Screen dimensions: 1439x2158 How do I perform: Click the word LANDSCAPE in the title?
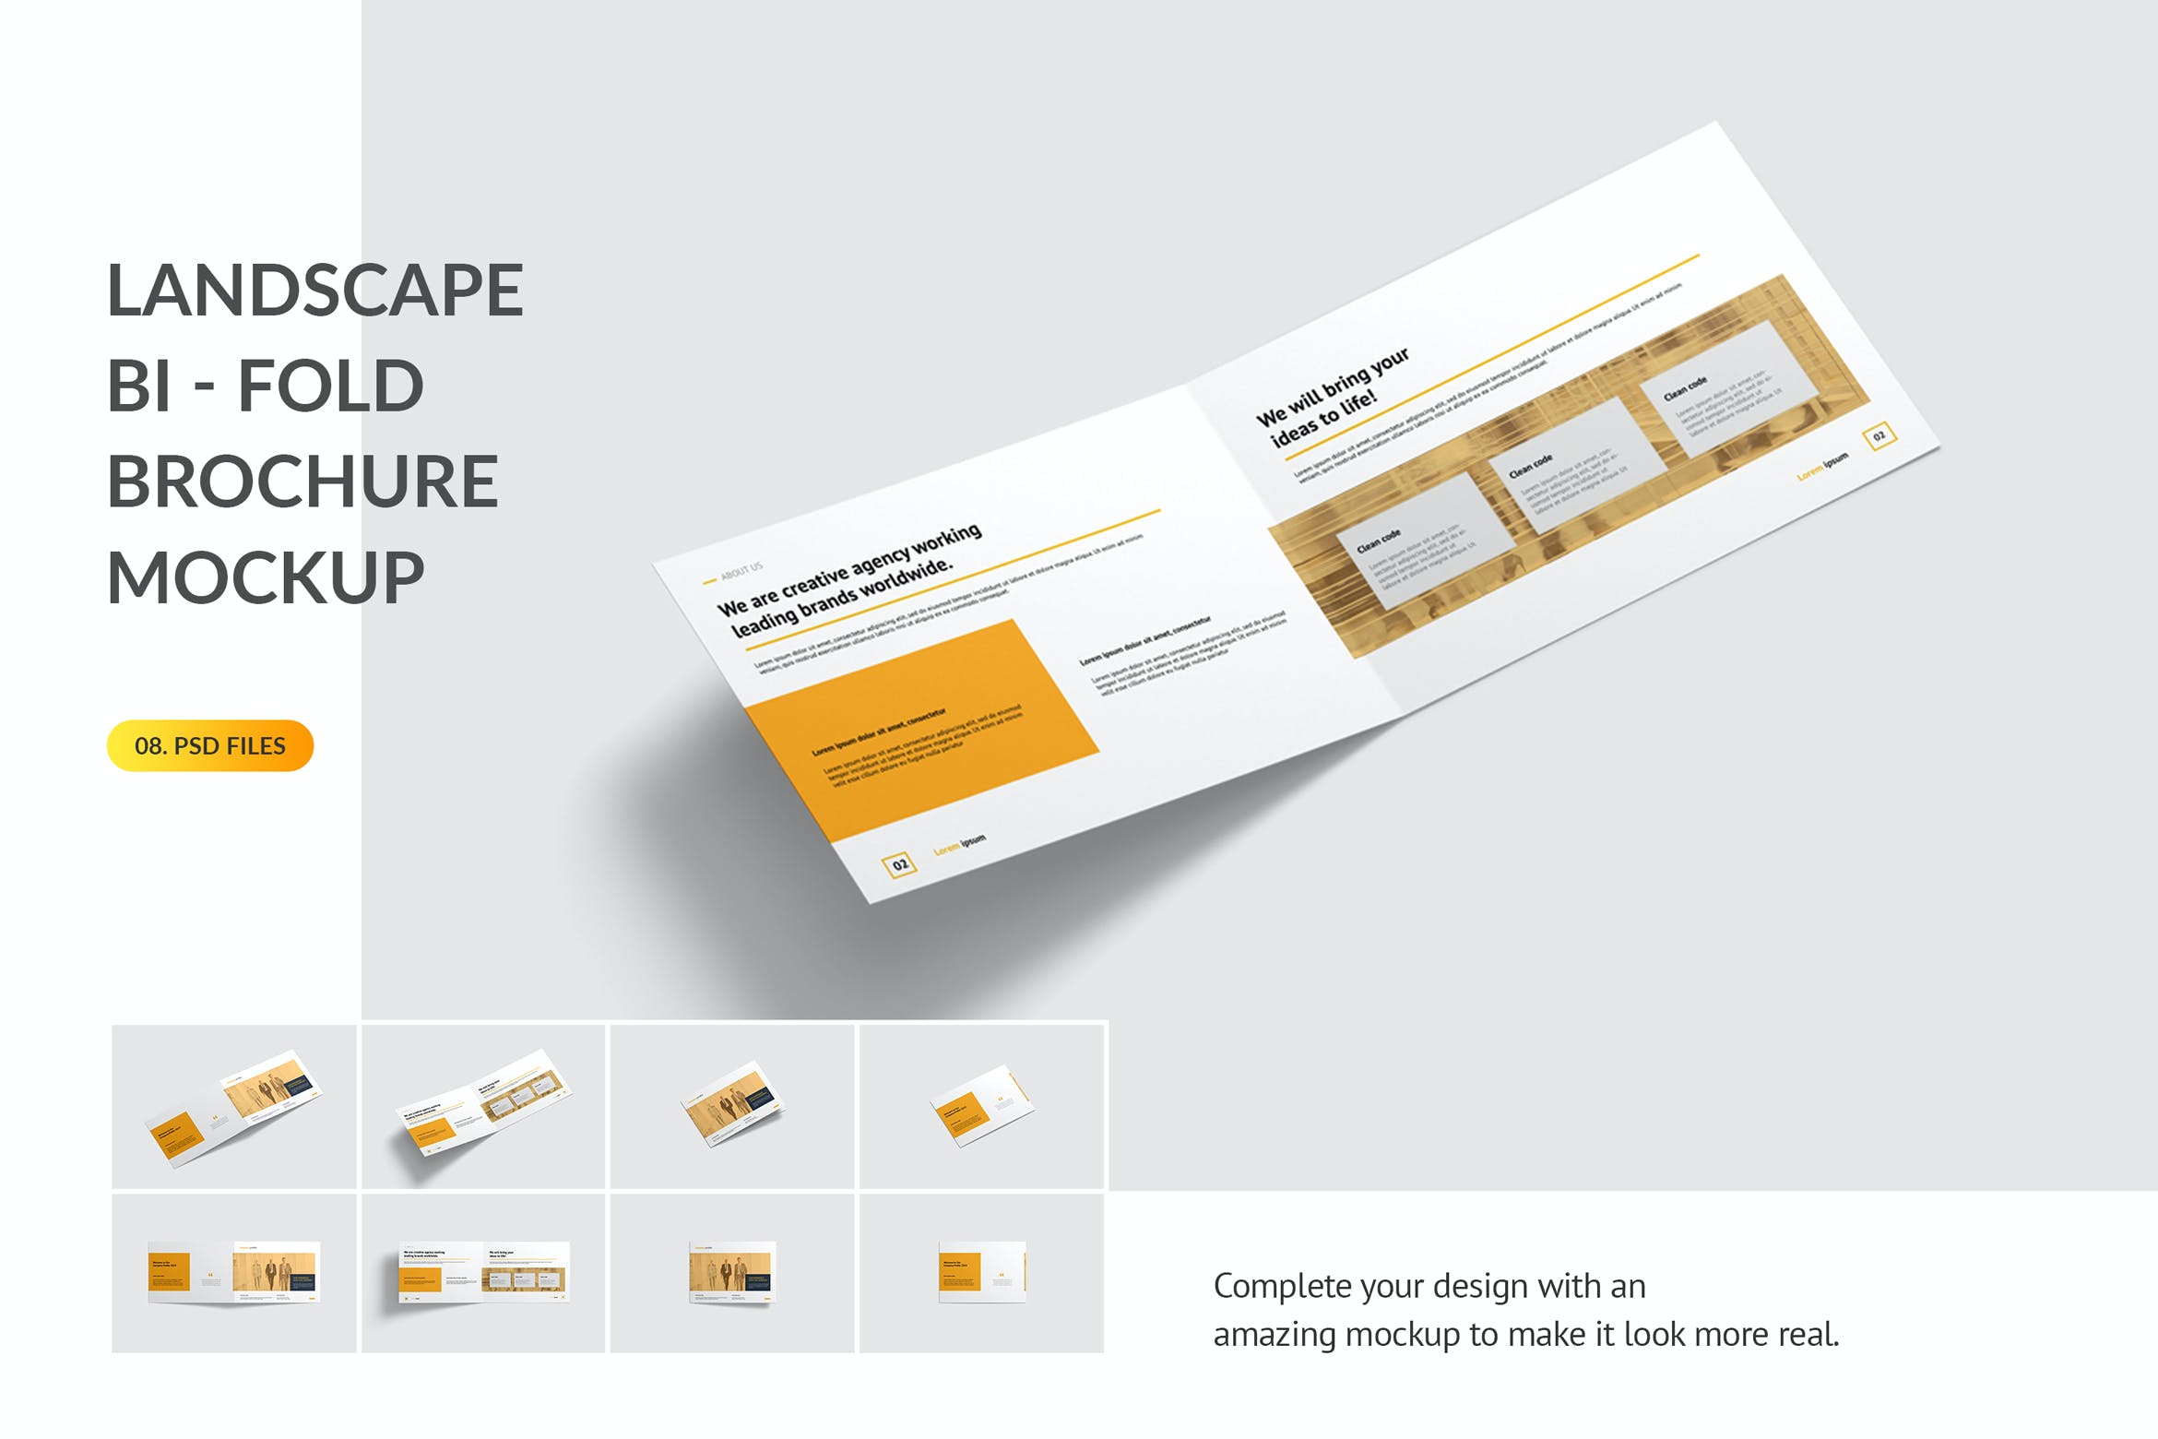pos(315,290)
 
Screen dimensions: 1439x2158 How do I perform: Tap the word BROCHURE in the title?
pos(302,482)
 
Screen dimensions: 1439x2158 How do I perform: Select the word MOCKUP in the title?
pos(266,577)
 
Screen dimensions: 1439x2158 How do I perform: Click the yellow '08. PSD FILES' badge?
pos(210,745)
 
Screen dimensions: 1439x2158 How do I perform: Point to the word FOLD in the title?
pos(331,386)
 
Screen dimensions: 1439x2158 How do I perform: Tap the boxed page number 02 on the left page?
pos(899,864)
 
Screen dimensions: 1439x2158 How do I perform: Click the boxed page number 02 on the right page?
pos(1879,435)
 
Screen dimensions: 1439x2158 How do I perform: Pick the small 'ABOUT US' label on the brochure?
pos(741,571)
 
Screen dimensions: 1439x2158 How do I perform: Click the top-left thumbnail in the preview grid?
pos(234,1106)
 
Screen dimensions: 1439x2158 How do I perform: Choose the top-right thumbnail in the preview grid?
pos(981,1106)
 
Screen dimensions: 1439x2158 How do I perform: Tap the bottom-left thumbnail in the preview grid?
pos(234,1273)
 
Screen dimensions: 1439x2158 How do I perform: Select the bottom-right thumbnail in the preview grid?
pos(981,1273)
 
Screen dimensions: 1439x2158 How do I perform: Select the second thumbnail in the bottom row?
pos(483,1273)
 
